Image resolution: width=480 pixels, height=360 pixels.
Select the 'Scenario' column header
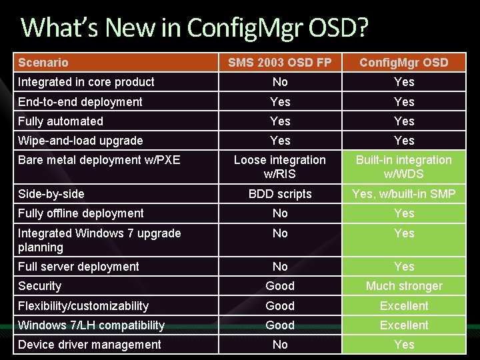43,63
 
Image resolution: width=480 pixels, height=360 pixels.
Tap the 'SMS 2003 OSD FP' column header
280,63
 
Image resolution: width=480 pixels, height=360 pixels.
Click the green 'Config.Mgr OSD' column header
404,63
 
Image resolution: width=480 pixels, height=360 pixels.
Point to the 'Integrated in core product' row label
86,82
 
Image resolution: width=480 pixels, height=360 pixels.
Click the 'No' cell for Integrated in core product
280,82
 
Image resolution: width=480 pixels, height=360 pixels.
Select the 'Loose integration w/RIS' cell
280,167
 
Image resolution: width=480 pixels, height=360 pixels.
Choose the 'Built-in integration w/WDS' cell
404,167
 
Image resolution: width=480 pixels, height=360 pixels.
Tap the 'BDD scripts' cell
280,194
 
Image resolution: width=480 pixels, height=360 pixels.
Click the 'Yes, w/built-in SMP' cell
404,194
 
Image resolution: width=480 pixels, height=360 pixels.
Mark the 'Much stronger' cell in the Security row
404,286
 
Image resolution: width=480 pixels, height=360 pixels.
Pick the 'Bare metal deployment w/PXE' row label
99,160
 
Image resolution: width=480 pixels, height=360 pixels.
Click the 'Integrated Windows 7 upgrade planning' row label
99,240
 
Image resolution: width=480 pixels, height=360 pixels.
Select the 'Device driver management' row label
89,345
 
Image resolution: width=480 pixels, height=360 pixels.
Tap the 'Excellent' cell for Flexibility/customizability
404,306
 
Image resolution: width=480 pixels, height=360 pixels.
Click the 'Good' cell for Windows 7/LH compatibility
280,325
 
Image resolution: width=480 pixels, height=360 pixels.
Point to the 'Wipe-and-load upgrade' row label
81,141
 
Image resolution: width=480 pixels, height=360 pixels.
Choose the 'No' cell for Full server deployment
280,267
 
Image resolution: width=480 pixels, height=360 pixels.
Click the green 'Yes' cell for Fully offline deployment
404,213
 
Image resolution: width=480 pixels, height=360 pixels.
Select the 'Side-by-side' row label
51,194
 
